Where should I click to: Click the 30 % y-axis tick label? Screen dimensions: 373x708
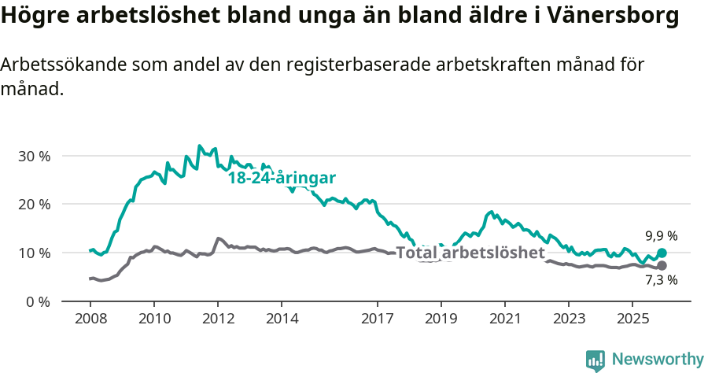click(x=34, y=156)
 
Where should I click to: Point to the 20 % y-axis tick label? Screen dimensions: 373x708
click(x=34, y=205)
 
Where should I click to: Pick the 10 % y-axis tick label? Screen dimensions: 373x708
click(x=34, y=253)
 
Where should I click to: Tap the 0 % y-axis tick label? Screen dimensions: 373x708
click(x=38, y=301)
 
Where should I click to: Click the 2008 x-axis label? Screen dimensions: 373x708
click(x=90, y=319)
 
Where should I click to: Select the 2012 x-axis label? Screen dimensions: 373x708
click(x=217, y=319)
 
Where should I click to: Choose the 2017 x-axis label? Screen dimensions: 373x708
click(x=377, y=319)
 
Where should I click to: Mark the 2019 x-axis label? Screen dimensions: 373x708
click(x=441, y=319)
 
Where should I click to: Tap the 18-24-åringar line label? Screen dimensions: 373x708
click(x=282, y=178)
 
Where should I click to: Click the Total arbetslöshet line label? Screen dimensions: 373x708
click(x=470, y=253)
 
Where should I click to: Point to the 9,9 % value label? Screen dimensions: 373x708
click(x=662, y=235)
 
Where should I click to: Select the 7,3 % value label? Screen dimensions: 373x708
click(x=662, y=279)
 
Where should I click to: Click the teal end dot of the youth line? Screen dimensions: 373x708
click(x=662, y=253)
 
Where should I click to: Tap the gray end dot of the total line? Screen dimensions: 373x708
click(x=662, y=266)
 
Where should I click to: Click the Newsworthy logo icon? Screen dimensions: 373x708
click(x=596, y=360)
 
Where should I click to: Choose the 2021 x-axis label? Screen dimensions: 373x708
click(x=504, y=319)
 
